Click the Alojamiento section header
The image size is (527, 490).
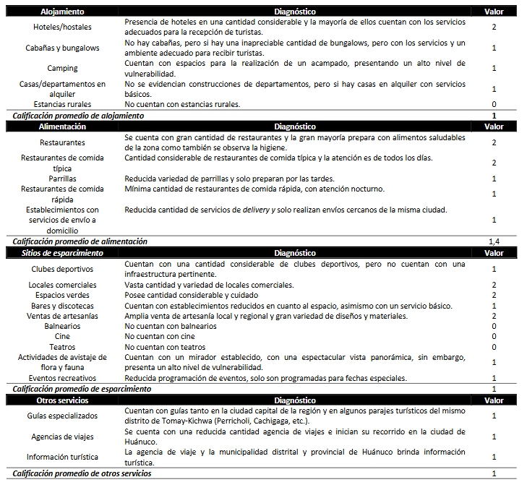coord(62,12)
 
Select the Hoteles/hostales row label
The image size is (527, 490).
coord(62,27)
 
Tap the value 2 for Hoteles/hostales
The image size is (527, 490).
coord(494,27)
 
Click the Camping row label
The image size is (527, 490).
coord(62,69)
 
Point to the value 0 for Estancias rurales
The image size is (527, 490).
coord(494,105)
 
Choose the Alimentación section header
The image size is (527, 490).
coord(62,126)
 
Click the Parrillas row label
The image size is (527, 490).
coord(62,179)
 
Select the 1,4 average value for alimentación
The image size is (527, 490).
coord(494,241)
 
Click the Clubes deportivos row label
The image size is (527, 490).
coord(62,269)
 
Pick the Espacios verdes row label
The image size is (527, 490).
coord(62,295)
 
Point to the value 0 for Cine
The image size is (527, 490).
coord(494,336)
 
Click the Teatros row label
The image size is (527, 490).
coord(62,347)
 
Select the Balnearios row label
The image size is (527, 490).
coord(62,326)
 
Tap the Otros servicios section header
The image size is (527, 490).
coord(62,400)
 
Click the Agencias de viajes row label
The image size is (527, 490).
coord(62,437)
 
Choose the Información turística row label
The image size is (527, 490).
coord(62,457)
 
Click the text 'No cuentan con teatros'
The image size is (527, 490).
coord(160,347)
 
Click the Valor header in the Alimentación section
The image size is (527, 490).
coord(494,126)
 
